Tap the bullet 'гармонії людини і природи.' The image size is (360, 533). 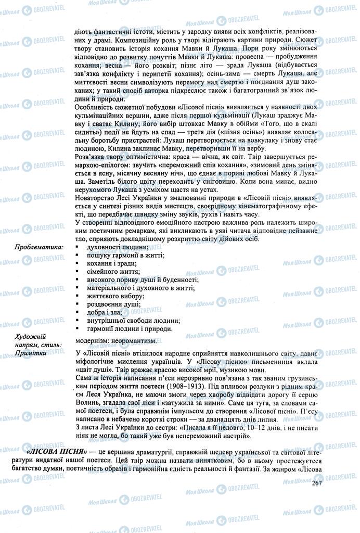click(123, 329)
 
